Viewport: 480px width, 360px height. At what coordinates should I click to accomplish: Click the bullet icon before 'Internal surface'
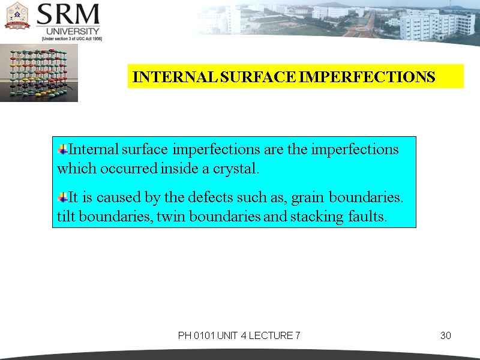click(62, 149)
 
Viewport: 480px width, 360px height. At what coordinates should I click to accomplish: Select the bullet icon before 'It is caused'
click(62, 197)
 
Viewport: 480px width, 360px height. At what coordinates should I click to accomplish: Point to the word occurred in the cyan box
click(130, 169)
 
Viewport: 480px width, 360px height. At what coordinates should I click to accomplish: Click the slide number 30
click(445, 335)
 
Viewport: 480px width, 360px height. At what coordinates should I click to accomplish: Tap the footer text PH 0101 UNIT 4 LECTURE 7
click(239, 335)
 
